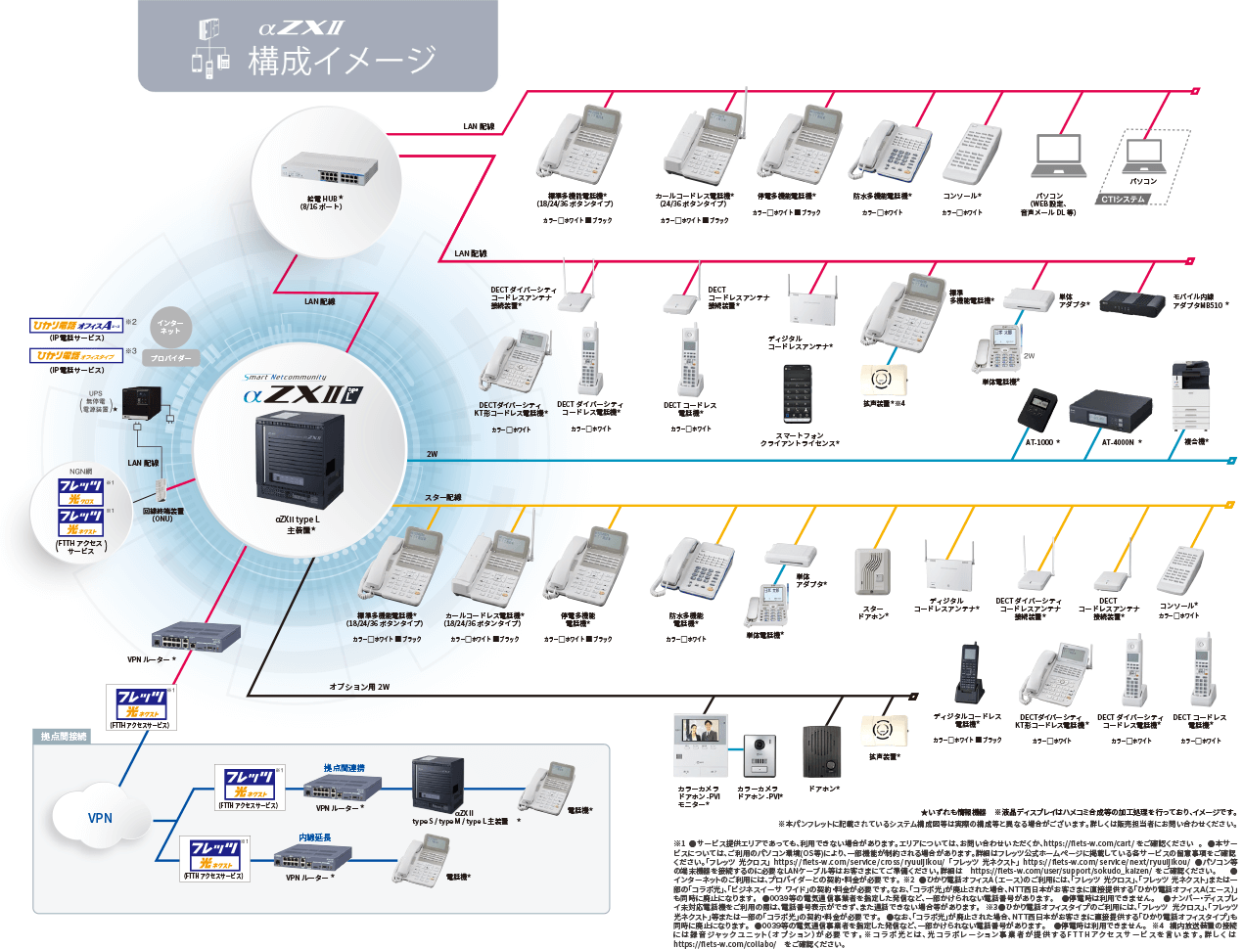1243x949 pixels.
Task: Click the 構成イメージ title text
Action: (x=342, y=61)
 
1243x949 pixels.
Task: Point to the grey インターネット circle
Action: (x=170, y=327)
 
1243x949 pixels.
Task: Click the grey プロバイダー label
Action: (x=172, y=358)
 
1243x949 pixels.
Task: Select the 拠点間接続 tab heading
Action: (x=64, y=736)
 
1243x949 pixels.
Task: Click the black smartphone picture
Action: (x=798, y=394)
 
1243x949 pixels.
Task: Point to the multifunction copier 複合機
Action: (x=1190, y=397)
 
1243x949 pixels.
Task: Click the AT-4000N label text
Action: (x=1121, y=442)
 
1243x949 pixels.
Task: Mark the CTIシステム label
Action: (x=1123, y=200)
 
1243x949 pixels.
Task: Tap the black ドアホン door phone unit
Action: (x=822, y=751)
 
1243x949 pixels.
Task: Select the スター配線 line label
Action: (x=442, y=498)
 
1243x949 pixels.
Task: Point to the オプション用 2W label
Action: (x=359, y=687)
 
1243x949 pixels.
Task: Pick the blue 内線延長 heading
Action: (x=315, y=837)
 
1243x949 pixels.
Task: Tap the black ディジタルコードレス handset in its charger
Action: (x=969, y=675)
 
